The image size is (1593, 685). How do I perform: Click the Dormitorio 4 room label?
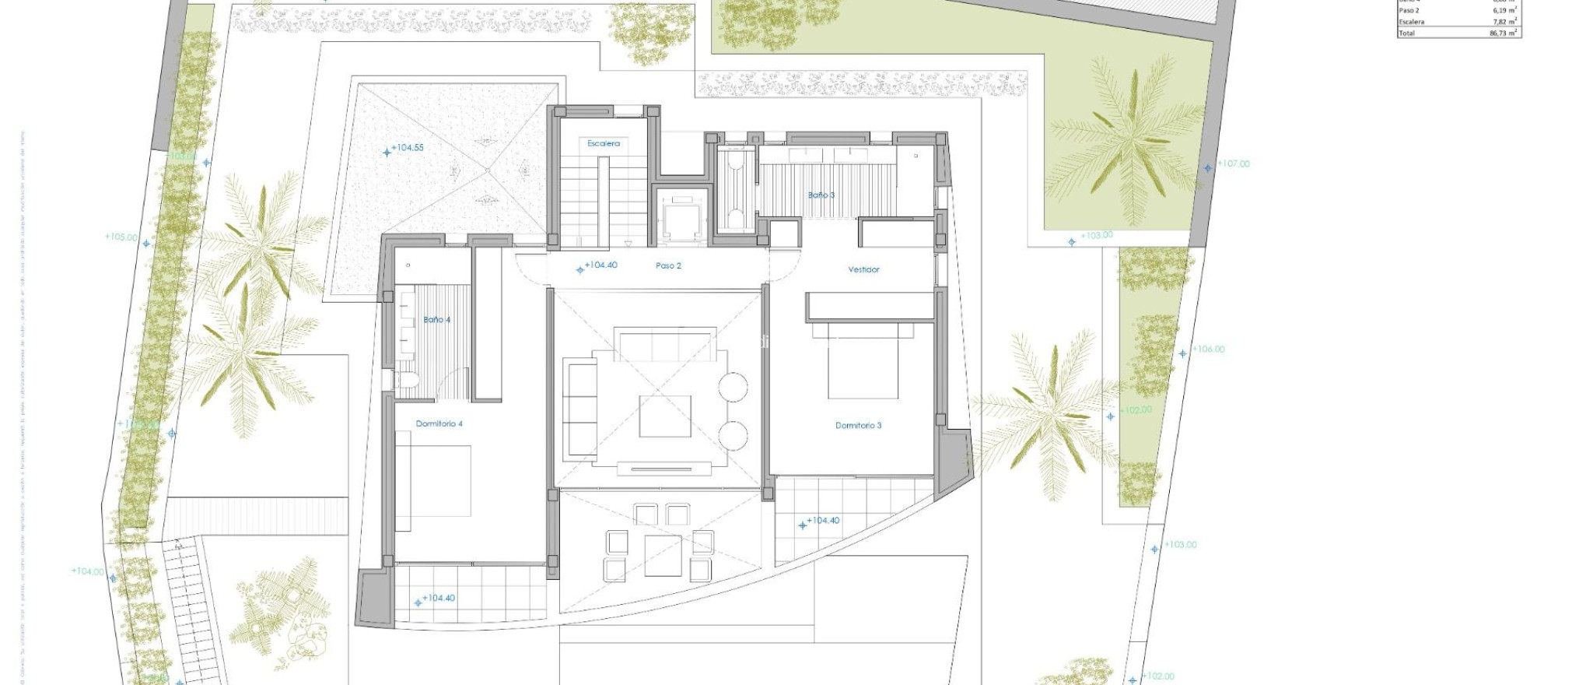[439, 424]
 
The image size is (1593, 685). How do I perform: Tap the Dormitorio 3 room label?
[858, 426]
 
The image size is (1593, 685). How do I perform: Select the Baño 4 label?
[436, 320]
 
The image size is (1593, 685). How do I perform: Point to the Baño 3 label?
[821, 195]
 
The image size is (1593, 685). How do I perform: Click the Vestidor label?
[863, 269]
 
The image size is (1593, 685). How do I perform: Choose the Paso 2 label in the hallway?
[668, 265]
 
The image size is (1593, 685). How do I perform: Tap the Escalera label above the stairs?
[604, 143]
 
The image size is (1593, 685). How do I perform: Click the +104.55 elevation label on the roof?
[408, 147]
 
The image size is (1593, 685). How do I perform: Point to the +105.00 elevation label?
[121, 237]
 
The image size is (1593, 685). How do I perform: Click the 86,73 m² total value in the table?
[1502, 33]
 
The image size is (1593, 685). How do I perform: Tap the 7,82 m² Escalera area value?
[1502, 22]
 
